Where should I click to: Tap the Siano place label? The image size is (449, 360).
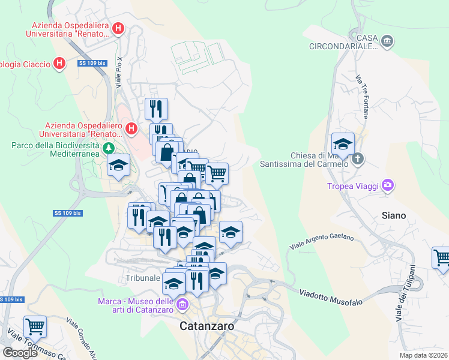tap(394, 215)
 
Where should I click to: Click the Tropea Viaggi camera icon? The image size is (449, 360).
tap(388, 185)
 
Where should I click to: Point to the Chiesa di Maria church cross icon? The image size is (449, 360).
tap(358, 159)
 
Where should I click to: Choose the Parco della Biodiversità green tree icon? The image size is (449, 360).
tap(109, 148)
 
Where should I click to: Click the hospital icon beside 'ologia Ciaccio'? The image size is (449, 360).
tap(59, 63)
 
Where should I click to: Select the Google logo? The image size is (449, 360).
tap(20, 352)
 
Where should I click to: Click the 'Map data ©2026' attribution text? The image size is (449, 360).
tap(423, 355)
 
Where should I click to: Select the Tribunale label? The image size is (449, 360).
tap(143, 278)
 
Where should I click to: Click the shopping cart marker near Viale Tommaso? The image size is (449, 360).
tap(35, 327)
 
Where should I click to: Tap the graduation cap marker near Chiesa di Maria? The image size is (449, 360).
tap(343, 144)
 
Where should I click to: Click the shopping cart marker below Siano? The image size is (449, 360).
tap(442, 258)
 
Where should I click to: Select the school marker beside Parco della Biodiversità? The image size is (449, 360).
tap(119, 165)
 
